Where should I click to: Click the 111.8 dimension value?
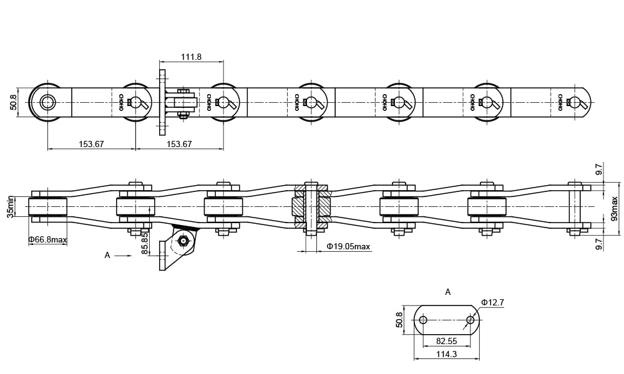pyautogui.click(x=191, y=57)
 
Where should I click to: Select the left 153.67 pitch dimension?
pyautogui.click(x=91, y=144)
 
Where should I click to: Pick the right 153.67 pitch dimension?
pyautogui.click(x=179, y=144)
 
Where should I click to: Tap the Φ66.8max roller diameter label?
pyautogui.click(x=48, y=240)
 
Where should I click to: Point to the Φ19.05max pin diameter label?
pyautogui.click(x=348, y=247)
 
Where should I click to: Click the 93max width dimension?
pyautogui.click(x=614, y=209)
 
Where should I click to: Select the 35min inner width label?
pyautogui.click(x=10, y=206)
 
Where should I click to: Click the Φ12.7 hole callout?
pyautogui.click(x=492, y=303)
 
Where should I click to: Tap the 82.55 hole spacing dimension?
pyautogui.click(x=446, y=342)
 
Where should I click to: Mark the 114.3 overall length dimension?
pyautogui.click(x=446, y=354)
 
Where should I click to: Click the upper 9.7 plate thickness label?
pyautogui.click(x=598, y=169)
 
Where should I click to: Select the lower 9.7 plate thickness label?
pyautogui.click(x=598, y=244)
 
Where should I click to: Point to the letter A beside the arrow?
pyautogui.click(x=107, y=255)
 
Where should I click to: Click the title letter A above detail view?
pyautogui.click(x=447, y=292)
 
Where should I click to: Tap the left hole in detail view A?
pyautogui.click(x=423, y=320)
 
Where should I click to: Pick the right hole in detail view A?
pyautogui.click(x=470, y=320)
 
